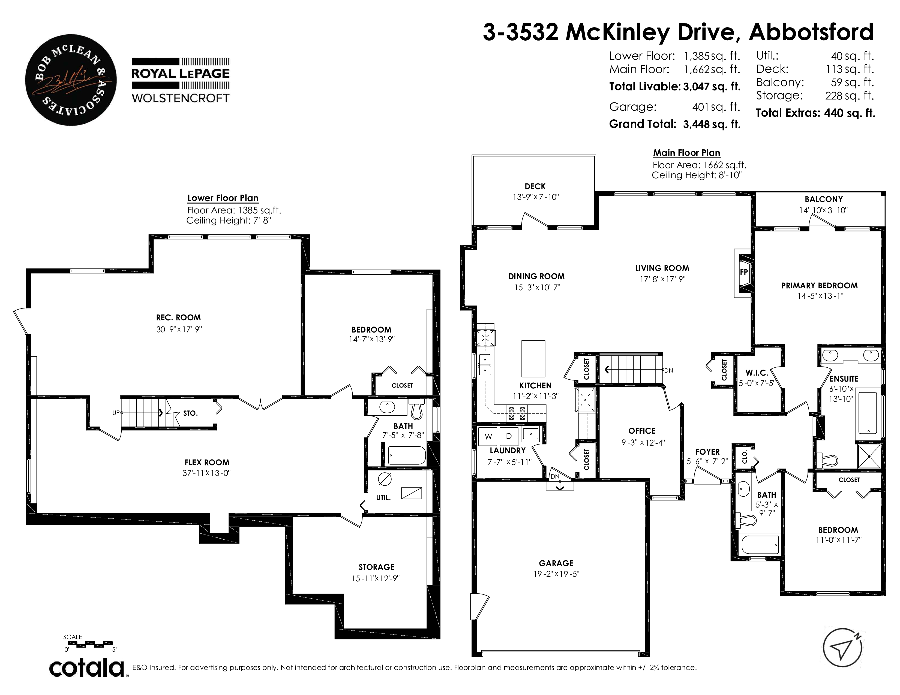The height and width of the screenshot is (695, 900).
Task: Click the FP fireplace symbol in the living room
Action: pyautogui.click(x=743, y=273)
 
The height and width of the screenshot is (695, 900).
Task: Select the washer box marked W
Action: pyautogui.click(x=488, y=436)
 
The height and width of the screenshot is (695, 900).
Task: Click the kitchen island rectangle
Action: pyautogui.click(x=533, y=359)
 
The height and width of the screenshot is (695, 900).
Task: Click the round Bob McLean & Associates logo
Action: pyautogui.click(x=71, y=80)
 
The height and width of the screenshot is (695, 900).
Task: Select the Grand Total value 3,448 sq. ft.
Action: pyautogui.click(x=712, y=124)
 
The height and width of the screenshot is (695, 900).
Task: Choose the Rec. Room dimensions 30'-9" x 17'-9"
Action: pyautogui.click(x=179, y=330)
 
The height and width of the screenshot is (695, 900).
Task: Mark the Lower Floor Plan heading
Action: pyautogui.click(x=223, y=198)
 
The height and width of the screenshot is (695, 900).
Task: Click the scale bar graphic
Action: pyautogui.click(x=88, y=643)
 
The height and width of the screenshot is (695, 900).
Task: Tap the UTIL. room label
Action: pyautogui.click(x=383, y=497)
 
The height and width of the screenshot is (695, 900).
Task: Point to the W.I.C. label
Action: pyautogui.click(x=757, y=373)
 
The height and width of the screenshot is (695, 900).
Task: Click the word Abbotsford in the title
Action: pyautogui.click(x=811, y=32)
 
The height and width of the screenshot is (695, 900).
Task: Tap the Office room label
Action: pyautogui.click(x=642, y=431)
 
